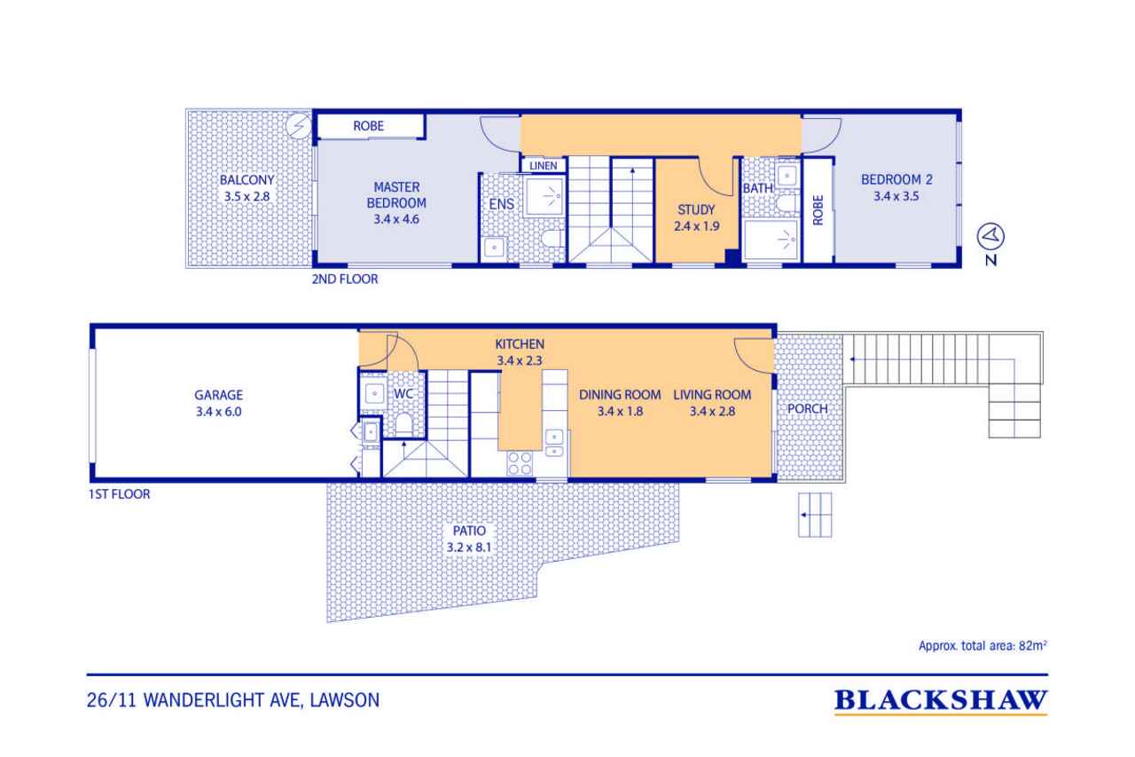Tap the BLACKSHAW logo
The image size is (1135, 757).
pyautogui.click(x=941, y=701)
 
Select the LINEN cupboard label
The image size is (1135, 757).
pyautogui.click(x=544, y=166)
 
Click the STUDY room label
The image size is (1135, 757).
pyautogui.click(x=696, y=209)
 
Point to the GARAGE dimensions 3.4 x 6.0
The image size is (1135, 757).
pyautogui.click(x=219, y=412)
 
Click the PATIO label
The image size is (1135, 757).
pyautogui.click(x=469, y=531)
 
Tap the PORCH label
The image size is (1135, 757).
pyautogui.click(x=808, y=408)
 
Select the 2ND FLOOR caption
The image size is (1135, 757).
pyautogui.click(x=345, y=280)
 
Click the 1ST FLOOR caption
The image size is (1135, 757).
pyautogui.click(x=120, y=494)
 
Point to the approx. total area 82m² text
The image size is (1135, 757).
pyautogui.click(x=983, y=646)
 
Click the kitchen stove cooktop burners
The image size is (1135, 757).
pyautogui.click(x=520, y=463)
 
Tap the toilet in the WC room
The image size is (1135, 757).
pyautogui.click(x=403, y=424)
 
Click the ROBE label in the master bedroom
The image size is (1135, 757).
pyautogui.click(x=368, y=126)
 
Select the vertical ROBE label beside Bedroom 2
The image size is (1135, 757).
pyautogui.click(x=818, y=210)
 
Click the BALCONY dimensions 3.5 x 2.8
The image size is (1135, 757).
pyautogui.click(x=247, y=196)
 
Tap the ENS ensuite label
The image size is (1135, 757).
pyautogui.click(x=502, y=204)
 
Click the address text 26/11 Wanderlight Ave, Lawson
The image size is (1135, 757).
pyautogui.click(x=233, y=700)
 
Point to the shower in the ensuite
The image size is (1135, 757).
pyautogui.click(x=545, y=196)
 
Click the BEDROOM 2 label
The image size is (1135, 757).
pyautogui.click(x=896, y=179)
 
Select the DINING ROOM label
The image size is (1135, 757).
pyautogui.click(x=620, y=395)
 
